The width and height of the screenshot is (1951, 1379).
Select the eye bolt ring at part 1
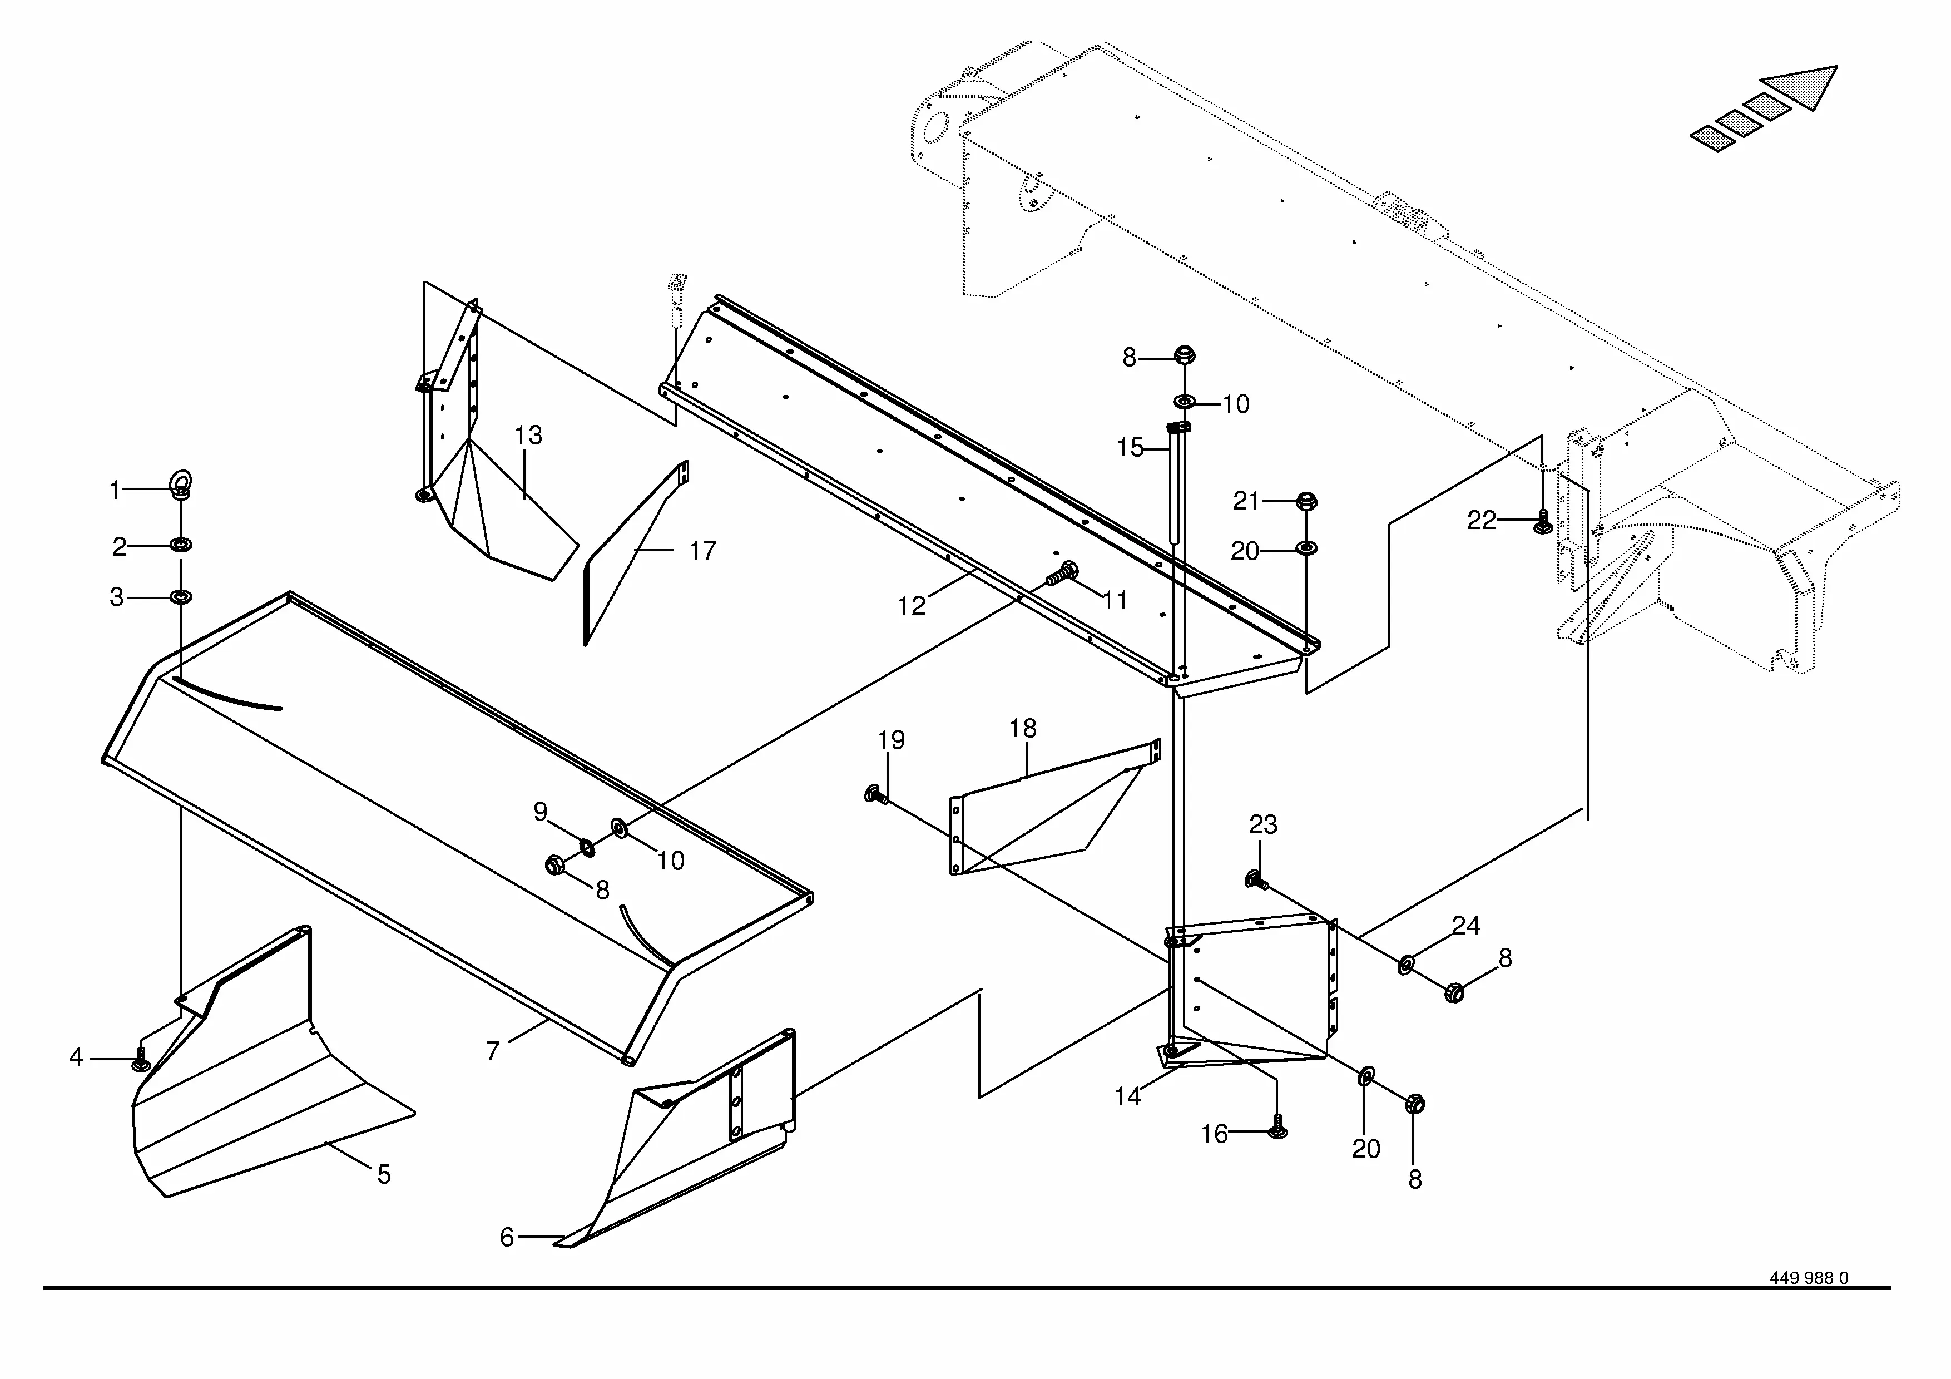click(180, 482)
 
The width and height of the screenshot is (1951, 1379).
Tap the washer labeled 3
click(180, 597)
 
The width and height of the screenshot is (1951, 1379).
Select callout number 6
click(507, 1237)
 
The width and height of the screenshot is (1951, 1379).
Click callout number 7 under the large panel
click(493, 1051)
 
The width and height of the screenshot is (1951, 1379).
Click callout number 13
click(528, 435)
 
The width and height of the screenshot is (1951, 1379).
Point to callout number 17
click(702, 551)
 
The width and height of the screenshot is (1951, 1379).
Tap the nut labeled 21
click(1308, 501)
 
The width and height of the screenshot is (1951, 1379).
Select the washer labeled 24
click(1405, 965)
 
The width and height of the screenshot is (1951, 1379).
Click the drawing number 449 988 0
click(1808, 1302)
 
